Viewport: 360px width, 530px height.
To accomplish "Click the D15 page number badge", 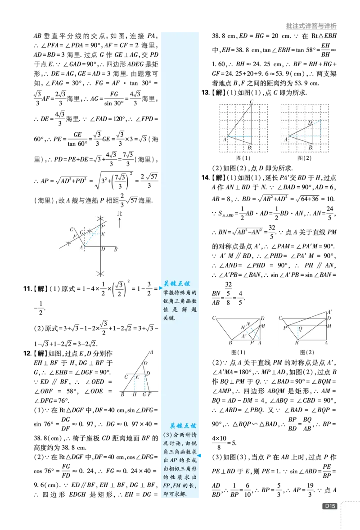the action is coord(330,506).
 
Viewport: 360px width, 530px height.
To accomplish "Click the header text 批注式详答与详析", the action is coord(311,26).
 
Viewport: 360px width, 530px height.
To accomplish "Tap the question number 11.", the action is coord(27,289).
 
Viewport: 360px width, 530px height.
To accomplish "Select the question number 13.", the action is coord(206,92).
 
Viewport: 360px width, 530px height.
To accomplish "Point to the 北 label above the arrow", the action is coord(120,214).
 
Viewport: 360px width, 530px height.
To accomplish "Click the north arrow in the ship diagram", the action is coord(120,222).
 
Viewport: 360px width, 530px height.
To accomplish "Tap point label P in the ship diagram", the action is coord(103,226).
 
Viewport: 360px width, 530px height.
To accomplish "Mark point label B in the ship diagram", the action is coord(116,249).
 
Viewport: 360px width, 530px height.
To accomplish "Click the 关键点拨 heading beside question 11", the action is coord(177,283).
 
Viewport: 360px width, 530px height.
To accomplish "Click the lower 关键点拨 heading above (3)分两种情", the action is coord(183,426).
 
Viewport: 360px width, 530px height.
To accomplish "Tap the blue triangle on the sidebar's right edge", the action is coord(199,456).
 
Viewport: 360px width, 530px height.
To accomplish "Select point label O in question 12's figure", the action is coord(146,363).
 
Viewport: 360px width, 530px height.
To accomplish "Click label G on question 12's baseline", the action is coord(144,395).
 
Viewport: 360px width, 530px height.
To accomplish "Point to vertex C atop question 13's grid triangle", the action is coord(252,102).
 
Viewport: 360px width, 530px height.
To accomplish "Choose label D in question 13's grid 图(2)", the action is coord(310,123).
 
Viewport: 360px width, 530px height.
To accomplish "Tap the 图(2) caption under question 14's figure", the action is coord(306,352).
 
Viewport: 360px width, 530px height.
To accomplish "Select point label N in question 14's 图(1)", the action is coord(248,324).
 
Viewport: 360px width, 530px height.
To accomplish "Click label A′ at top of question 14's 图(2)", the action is coord(329,312).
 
